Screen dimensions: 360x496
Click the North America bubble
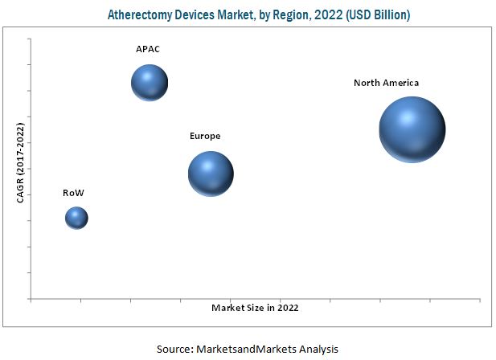pyautogui.click(x=412, y=129)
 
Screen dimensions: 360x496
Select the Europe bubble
pyautogui.click(x=211, y=173)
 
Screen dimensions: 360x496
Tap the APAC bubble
pyautogui.click(x=150, y=82)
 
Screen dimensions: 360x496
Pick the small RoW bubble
pyautogui.click(x=76, y=217)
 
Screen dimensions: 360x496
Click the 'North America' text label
pyautogui.click(x=386, y=83)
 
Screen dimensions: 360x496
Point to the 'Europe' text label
pyautogui.click(x=204, y=137)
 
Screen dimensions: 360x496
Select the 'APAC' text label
pyautogui.click(x=147, y=50)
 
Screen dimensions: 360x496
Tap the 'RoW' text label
pyautogui.click(x=73, y=193)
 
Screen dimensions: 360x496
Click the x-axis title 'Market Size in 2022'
pyautogui.click(x=260, y=308)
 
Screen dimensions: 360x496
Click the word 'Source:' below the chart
pyautogui.click(x=173, y=349)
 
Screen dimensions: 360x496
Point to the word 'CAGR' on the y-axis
pyautogui.click(x=21, y=187)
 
